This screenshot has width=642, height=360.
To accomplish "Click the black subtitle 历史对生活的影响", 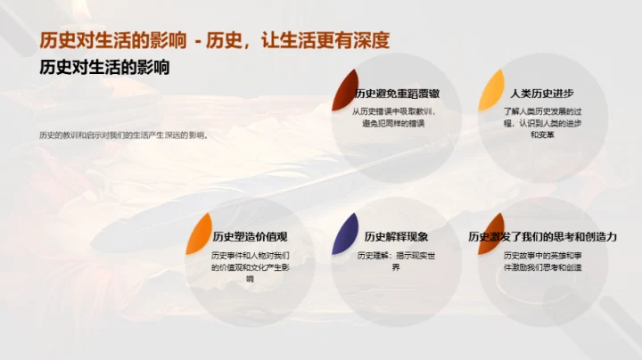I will point(105,68).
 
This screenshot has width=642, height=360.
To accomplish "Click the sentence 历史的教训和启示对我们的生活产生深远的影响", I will point(124,135).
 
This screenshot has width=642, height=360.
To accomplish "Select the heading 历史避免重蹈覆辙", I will point(396,94).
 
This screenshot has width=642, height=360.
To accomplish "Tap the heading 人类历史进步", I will point(541,94).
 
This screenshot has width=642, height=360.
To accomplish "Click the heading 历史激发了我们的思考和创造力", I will point(542,237).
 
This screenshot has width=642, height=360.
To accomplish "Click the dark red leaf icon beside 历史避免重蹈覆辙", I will point(344,90).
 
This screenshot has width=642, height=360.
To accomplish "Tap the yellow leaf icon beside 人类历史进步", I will point(491,90).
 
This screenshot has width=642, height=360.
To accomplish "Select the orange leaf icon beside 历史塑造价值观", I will point(198,233).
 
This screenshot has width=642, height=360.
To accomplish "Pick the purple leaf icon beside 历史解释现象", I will point(345,233).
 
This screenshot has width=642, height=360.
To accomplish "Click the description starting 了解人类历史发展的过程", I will point(541,123).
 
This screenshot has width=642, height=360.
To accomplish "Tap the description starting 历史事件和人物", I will point(249,266).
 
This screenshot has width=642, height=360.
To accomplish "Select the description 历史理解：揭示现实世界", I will point(395,261).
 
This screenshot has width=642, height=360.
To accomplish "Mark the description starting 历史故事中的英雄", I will point(541,261).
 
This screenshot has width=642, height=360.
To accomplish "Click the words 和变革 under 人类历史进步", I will point(541,135).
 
